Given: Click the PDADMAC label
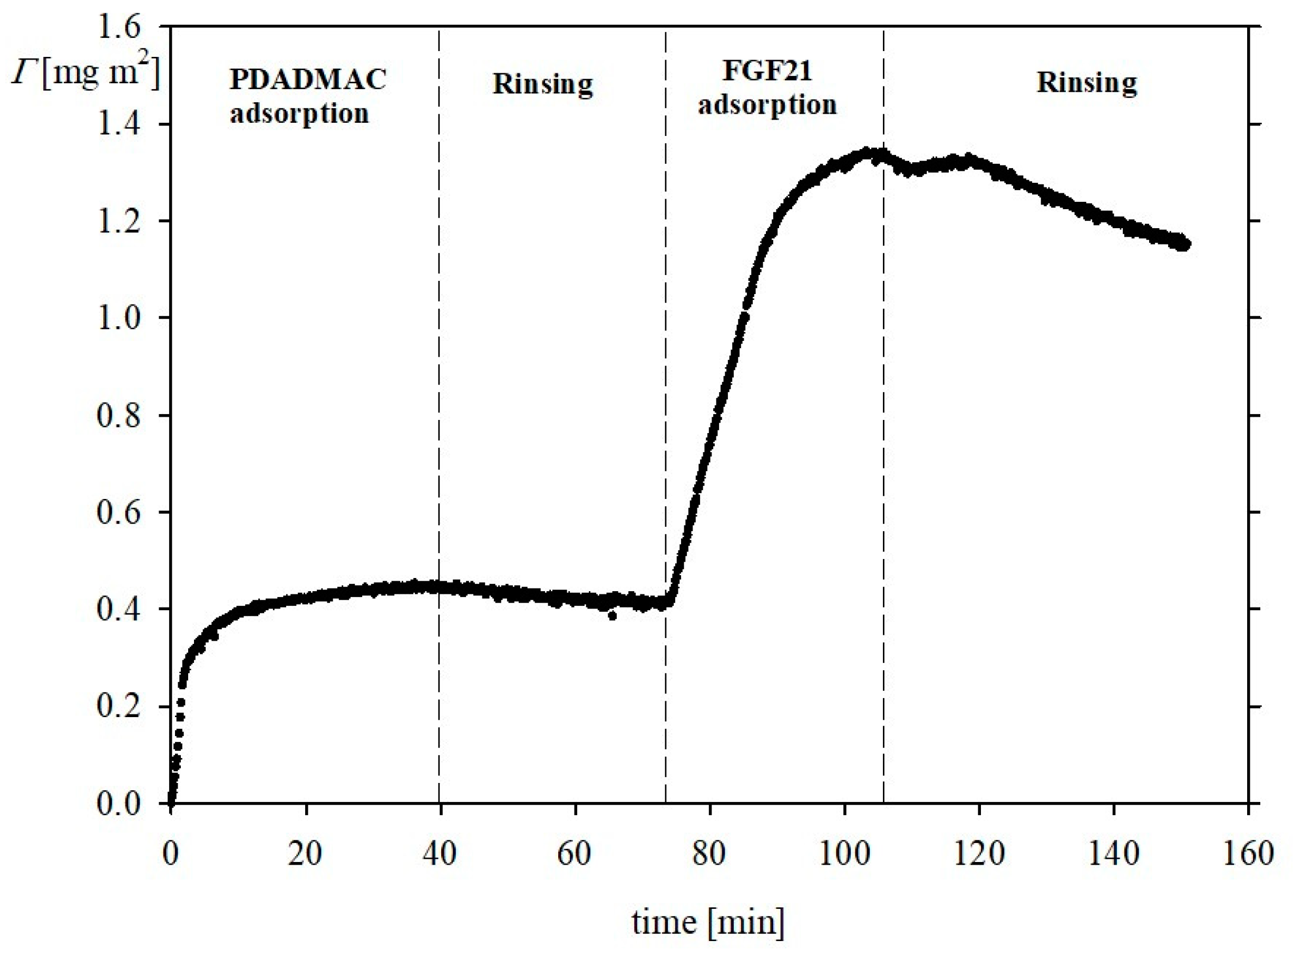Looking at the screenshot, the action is click(307, 79).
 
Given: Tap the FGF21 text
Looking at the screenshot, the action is click(767, 71).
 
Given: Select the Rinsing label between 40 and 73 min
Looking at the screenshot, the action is click(542, 84).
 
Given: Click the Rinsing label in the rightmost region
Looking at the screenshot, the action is click(1086, 83).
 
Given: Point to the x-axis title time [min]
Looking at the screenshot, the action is click(707, 922).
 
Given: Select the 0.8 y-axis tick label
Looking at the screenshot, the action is click(119, 416).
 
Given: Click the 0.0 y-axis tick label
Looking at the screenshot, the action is click(119, 804).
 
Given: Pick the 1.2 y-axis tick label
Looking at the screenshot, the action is click(119, 222).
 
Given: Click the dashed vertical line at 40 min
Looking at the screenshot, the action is click(439, 407).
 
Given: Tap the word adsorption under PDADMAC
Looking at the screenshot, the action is click(299, 113).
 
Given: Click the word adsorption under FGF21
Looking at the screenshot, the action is click(767, 105).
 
